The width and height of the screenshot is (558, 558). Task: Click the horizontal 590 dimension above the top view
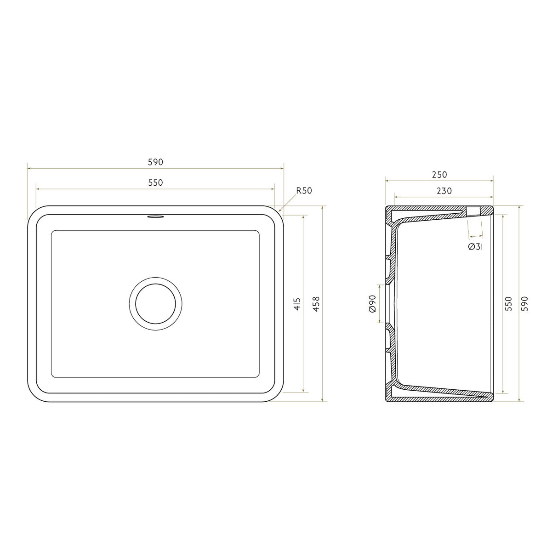click(x=155, y=162)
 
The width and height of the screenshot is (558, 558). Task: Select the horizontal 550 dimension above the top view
click(x=155, y=183)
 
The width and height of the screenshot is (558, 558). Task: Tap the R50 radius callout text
click(x=304, y=191)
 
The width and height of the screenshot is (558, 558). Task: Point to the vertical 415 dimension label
click(x=297, y=304)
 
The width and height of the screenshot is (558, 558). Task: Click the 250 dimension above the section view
click(x=439, y=175)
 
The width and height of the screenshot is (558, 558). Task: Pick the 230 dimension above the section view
click(x=444, y=191)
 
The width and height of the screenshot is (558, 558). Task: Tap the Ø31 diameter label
click(x=475, y=247)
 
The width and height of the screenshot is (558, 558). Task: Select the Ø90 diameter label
click(x=372, y=304)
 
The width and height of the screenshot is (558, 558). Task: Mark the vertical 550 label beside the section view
click(x=508, y=304)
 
